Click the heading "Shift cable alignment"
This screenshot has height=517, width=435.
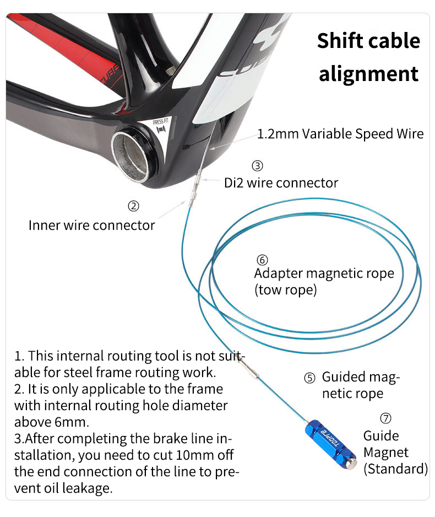368,57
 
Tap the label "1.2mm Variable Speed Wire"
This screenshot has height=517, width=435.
340,134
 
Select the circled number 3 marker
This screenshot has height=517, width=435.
257,165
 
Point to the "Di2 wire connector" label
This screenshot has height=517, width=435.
281,183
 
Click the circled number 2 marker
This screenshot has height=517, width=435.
133,206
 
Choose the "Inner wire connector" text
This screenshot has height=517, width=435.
91,225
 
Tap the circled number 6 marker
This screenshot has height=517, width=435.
262,260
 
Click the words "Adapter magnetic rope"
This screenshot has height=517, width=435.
324,274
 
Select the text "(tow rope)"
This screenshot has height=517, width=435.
285,290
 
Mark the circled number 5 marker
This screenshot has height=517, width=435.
309,378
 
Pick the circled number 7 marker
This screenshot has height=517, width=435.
385,418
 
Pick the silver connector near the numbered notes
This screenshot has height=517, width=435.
249,368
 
